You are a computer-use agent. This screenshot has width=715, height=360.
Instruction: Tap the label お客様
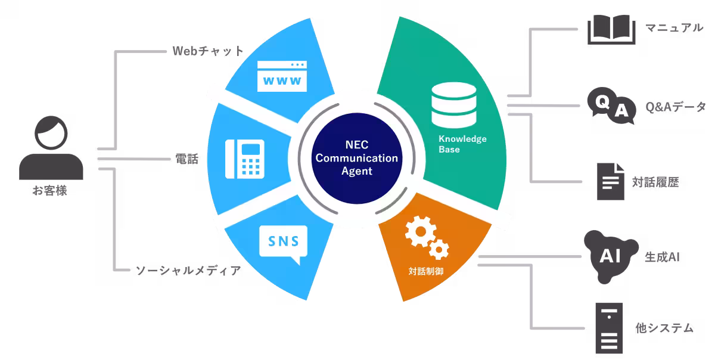(51, 191)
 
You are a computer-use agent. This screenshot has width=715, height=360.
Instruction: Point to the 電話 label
(188, 159)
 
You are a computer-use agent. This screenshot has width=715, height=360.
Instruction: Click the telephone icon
(245, 159)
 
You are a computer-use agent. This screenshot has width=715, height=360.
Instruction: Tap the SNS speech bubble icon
(284, 244)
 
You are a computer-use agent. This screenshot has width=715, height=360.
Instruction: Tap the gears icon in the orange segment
(427, 238)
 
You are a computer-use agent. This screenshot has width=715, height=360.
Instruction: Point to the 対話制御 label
(425, 271)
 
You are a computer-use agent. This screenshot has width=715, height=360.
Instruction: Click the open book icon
(611, 30)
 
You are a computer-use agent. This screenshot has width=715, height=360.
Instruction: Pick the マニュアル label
(674, 28)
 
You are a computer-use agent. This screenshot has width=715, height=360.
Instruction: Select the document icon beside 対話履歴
(611, 181)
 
